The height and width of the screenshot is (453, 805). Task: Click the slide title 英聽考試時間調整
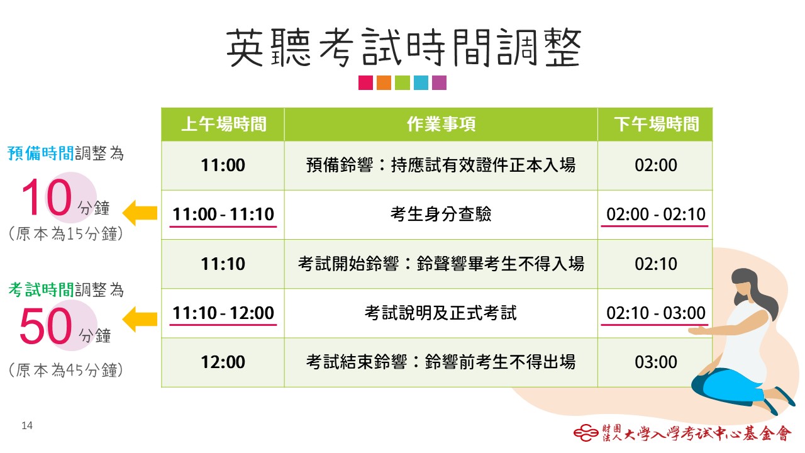tap(403, 48)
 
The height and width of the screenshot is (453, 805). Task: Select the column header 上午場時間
tap(223, 124)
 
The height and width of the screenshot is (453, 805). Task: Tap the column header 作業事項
tap(441, 124)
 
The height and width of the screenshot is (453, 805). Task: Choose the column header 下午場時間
tap(656, 124)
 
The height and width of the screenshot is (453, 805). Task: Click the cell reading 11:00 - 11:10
tap(223, 215)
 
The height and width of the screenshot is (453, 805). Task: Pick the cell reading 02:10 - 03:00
tap(656, 313)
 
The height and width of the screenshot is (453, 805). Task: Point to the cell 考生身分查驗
tap(441, 215)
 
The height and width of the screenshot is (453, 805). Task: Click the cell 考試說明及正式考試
tap(441, 313)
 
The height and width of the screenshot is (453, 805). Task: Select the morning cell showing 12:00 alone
tap(223, 362)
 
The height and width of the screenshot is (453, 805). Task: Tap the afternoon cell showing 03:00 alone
tap(656, 362)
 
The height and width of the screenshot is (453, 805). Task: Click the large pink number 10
tap(47, 197)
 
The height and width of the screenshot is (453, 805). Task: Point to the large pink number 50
tap(46, 326)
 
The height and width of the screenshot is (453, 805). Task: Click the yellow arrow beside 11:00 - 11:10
tap(140, 213)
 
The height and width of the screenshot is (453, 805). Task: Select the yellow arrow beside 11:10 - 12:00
tap(140, 319)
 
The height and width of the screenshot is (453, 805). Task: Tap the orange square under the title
tap(384, 82)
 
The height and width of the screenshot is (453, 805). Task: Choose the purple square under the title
tap(439, 82)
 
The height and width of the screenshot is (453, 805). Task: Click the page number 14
tap(27, 426)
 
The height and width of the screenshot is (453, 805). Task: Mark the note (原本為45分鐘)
tap(66, 370)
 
